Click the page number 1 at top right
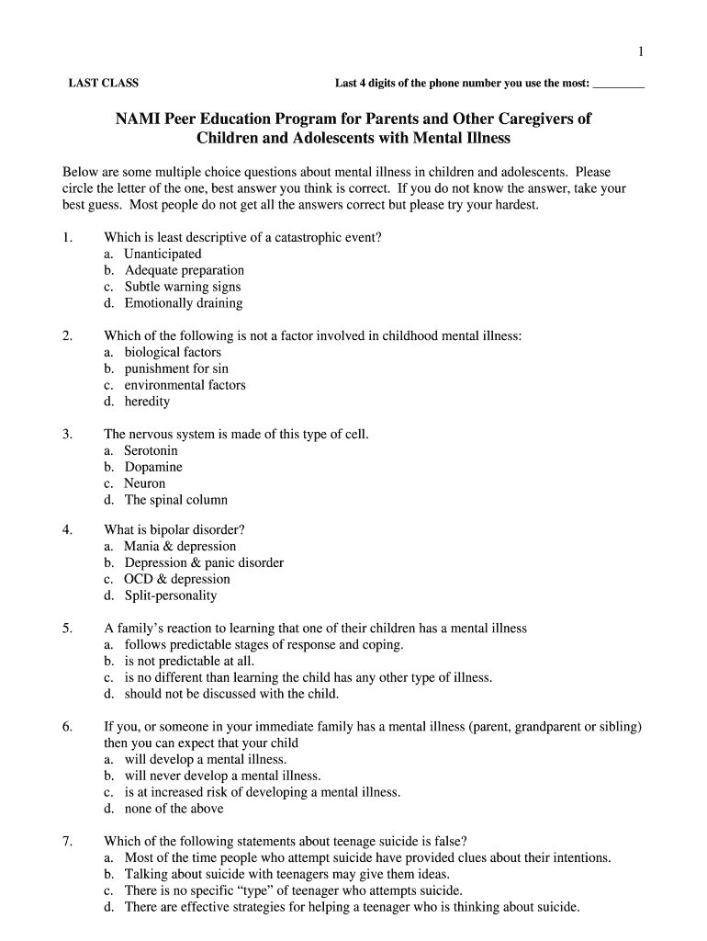[x=641, y=51]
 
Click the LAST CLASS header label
[x=104, y=84]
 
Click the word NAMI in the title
[x=138, y=119]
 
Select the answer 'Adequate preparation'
[x=184, y=270]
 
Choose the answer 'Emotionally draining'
[x=184, y=303]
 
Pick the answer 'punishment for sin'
[x=176, y=368]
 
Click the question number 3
[x=67, y=434]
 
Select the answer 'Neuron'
[x=145, y=483]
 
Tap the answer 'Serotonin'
[x=151, y=450]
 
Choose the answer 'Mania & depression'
[x=180, y=546]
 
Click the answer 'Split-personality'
[x=171, y=595]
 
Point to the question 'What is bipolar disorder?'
[x=174, y=529]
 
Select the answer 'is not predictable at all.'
[x=190, y=661]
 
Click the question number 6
[x=67, y=726]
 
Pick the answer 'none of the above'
[x=174, y=809]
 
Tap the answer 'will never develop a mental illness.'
[x=223, y=776]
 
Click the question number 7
[x=67, y=841]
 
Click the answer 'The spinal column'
[x=176, y=500]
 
